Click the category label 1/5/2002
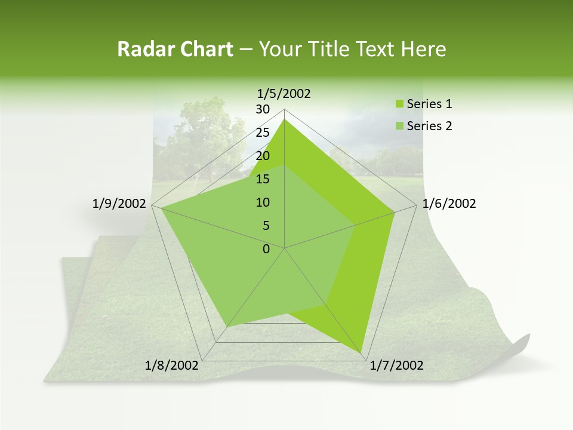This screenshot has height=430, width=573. [284, 94]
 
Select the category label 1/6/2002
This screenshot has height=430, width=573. [449, 204]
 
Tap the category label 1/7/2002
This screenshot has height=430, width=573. [397, 365]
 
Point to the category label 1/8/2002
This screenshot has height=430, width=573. [172, 365]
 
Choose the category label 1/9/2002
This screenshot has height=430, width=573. [119, 204]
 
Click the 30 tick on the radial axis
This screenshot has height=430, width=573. [263, 109]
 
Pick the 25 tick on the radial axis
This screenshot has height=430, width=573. [263, 133]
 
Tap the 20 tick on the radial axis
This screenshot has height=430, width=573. [263, 156]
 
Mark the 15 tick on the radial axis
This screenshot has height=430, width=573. [263, 179]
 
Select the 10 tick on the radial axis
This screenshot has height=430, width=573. [263, 202]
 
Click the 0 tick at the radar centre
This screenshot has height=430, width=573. [266, 249]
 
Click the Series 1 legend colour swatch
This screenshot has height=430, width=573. [400, 105]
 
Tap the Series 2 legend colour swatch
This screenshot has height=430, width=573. [400, 127]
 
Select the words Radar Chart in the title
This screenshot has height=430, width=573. [175, 50]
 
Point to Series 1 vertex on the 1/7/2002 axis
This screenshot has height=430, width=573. [362, 352]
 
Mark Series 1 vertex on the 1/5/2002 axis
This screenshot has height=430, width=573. [285, 119]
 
